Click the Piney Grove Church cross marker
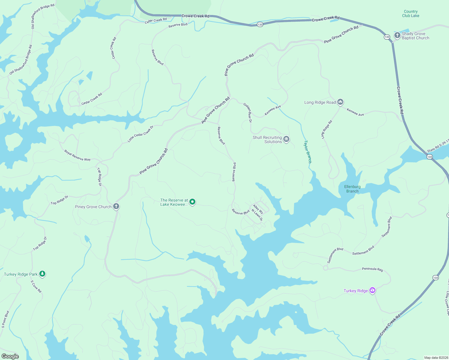pos(116,206)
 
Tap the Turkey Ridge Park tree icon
pos(42,274)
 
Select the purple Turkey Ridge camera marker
pos(372,290)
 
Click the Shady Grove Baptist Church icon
pos(397,35)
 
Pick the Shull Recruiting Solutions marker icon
pos(286,139)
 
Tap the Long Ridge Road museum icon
pos(340,102)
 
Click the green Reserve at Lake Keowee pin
pos(193,202)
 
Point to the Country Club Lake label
pos(411,13)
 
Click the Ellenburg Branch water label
pos(352,189)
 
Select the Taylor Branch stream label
pos(308,151)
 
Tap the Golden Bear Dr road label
pos(248,112)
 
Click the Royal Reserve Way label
pos(77,155)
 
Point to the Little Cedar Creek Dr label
pos(140,134)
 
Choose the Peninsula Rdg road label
pos(372,269)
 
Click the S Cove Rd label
pos(36,286)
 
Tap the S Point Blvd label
pos(5,319)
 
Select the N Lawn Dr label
pos(257,215)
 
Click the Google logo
pos(10,356)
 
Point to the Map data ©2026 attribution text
pos(436,358)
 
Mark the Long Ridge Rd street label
pos(327,129)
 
